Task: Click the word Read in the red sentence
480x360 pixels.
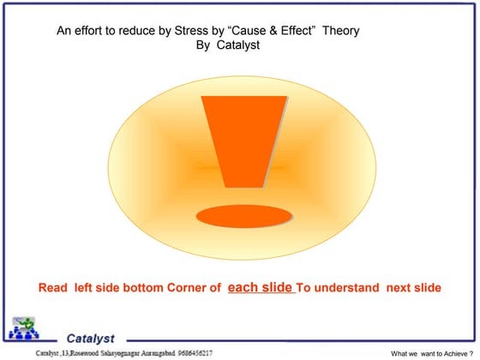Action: click(x=53, y=288)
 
